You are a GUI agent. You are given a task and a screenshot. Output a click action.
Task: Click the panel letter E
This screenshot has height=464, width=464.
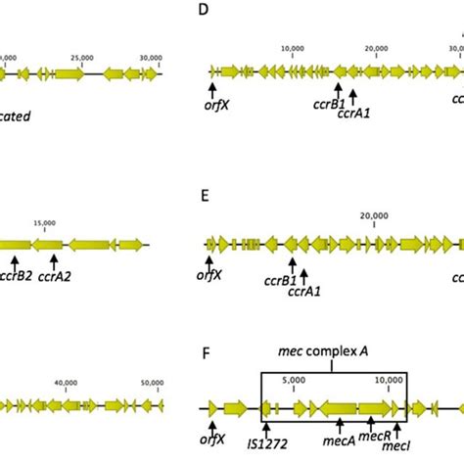pos(203,195)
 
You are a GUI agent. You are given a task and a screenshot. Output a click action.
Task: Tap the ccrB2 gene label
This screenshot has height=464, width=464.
pos(17,276)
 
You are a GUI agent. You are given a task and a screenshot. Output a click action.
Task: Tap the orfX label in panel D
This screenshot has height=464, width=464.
pos(212,106)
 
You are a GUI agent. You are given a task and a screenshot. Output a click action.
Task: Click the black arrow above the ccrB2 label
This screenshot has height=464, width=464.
pos(17,260)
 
